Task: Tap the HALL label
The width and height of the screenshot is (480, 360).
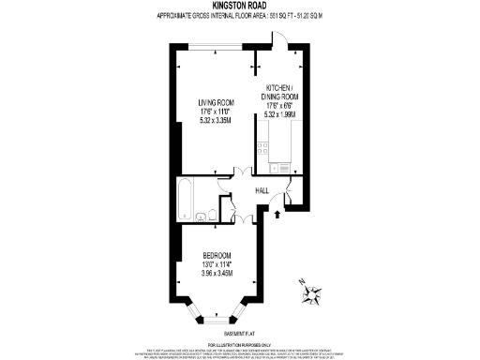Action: coord(262,190)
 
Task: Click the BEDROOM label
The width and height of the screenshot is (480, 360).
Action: coord(217,256)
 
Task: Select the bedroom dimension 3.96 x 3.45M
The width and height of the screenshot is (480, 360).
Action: coord(217,273)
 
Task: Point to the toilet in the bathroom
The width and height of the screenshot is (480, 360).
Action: coord(216,216)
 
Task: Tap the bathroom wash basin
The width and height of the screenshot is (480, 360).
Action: coord(201,217)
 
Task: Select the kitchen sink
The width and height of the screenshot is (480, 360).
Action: coord(279,166)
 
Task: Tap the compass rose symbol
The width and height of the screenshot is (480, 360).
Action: coord(311,295)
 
